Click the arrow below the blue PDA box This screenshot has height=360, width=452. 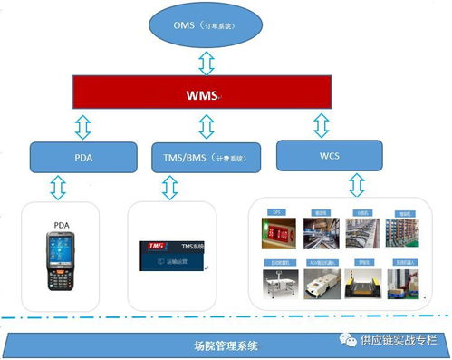pyautogui.click(x=59, y=188)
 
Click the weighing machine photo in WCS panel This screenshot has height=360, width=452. pyautogui.click(x=277, y=282)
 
